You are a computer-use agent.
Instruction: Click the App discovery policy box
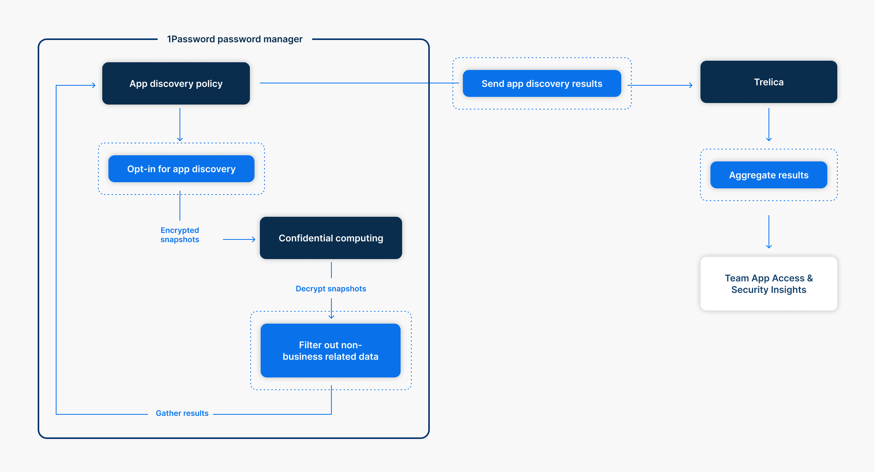click(x=176, y=83)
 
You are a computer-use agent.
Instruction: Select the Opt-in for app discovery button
click(x=181, y=169)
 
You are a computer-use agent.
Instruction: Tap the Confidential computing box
click(x=331, y=238)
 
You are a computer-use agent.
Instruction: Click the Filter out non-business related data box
click(x=330, y=351)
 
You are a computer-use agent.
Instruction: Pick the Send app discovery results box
click(x=542, y=83)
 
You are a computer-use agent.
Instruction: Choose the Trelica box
click(x=769, y=82)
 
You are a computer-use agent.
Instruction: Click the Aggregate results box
click(x=769, y=175)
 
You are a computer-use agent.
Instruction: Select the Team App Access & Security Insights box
click(x=769, y=284)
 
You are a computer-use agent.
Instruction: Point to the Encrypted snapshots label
click(x=180, y=235)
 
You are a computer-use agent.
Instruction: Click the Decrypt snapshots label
click(x=331, y=289)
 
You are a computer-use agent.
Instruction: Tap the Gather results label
click(x=182, y=413)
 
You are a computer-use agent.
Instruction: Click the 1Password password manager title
click(x=235, y=39)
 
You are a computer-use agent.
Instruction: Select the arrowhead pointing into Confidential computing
click(x=253, y=239)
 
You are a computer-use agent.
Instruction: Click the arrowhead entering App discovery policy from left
click(x=93, y=85)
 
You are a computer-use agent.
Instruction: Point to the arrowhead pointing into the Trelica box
click(x=690, y=85)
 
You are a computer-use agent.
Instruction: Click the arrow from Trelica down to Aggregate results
click(x=769, y=125)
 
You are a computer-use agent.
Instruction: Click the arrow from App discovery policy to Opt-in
click(x=180, y=125)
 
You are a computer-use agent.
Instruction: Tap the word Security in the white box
click(x=749, y=290)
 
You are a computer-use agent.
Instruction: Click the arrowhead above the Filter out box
click(x=331, y=317)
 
